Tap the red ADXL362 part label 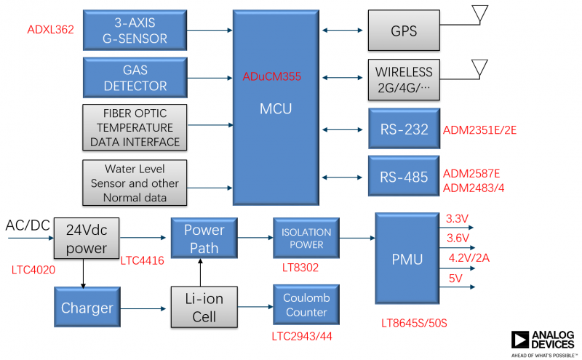50,30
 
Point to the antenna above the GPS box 479,14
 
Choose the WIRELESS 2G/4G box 404,79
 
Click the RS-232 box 404,129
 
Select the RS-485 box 404,176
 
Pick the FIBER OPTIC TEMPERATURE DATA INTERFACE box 135,127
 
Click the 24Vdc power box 87,238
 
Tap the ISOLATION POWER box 306,239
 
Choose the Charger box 87,308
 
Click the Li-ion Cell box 204,308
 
